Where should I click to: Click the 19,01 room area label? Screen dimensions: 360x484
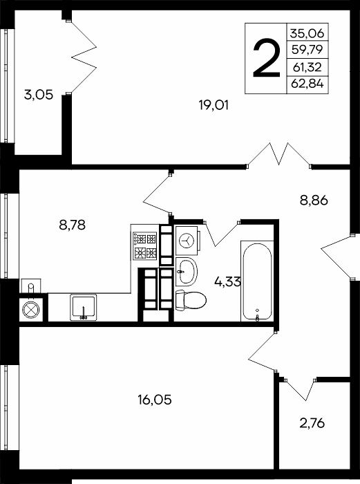tap(214, 106)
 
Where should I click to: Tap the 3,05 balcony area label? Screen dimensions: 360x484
tap(39, 95)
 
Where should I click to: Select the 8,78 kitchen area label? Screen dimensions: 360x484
tap(72, 225)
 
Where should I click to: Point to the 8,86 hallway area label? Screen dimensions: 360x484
tap(314, 201)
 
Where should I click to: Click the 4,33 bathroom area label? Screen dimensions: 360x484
tap(227, 281)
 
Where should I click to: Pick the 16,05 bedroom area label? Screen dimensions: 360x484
tap(155, 400)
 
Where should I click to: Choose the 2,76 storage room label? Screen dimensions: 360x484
tap(312, 423)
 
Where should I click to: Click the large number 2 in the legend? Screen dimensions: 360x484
tap(267, 59)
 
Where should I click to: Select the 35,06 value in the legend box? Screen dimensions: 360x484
tap(307, 32)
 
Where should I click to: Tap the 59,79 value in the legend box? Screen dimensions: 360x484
tap(307, 49)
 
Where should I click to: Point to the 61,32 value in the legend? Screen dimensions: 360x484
tap(307, 66)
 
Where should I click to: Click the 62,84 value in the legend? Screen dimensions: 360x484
tap(307, 84)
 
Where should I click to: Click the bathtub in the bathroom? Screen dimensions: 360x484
tap(257, 281)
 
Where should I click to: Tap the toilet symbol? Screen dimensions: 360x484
tap(191, 300)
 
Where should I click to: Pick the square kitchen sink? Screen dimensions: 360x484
tap(84, 307)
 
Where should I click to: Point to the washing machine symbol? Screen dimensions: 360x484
tap(187, 239)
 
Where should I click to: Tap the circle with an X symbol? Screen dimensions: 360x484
tap(31, 309)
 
